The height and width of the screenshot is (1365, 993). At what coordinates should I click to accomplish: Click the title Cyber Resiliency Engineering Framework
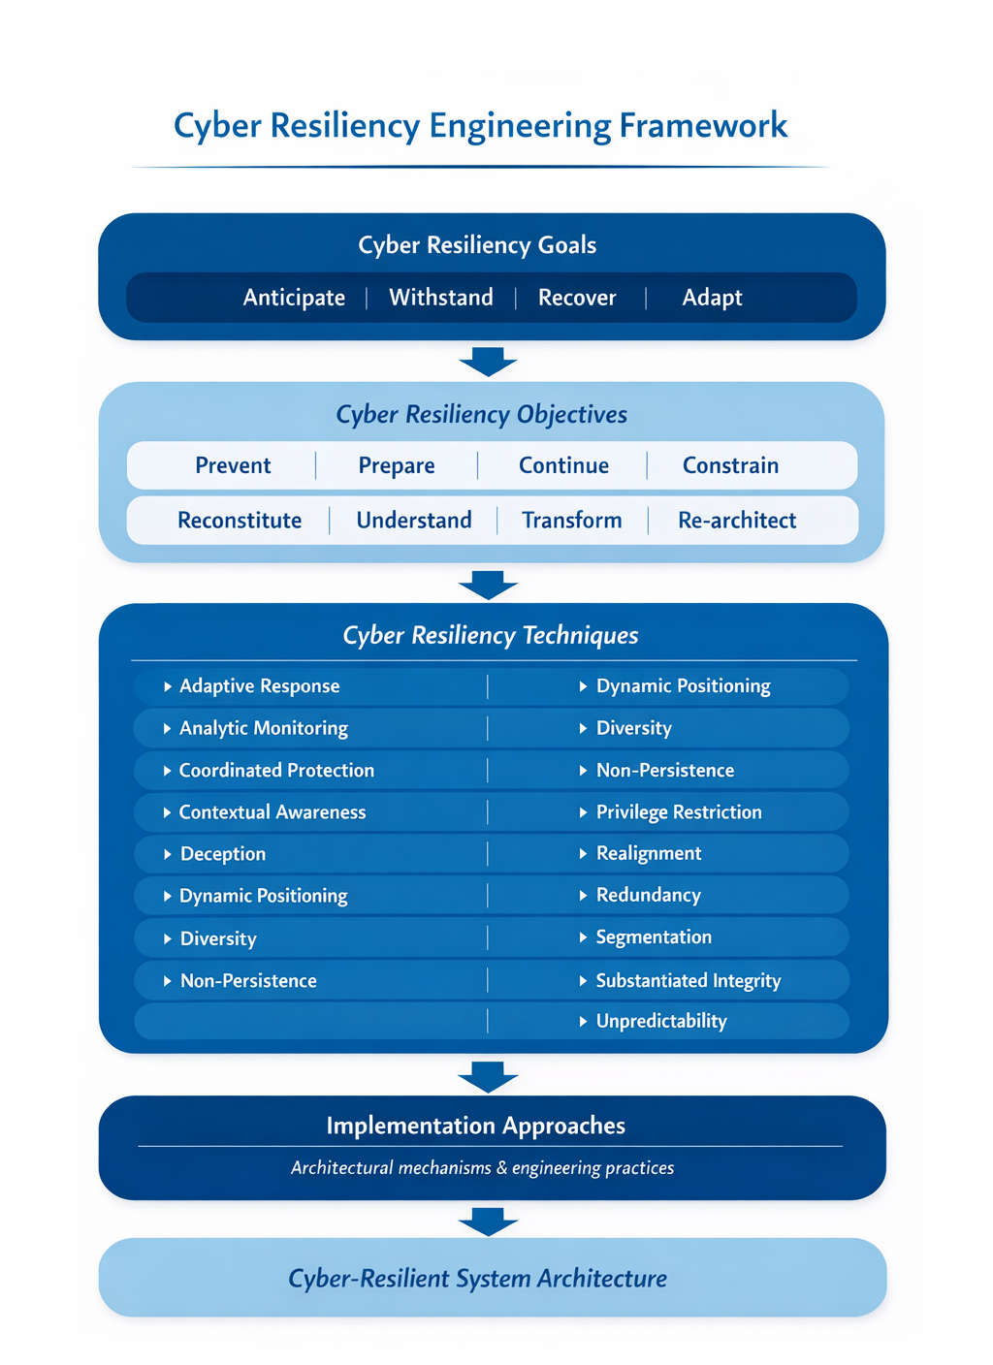(x=480, y=126)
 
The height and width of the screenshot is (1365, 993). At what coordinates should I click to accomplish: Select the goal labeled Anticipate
(x=294, y=298)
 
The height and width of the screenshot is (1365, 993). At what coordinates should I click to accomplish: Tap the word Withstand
(x=441, y=298)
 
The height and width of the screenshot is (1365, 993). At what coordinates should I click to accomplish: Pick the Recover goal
(x=577, y=298)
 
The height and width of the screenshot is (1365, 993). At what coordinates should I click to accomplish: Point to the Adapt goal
(x=712, y=298)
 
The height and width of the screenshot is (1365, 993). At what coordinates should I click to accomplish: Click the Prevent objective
(x=233, y=465)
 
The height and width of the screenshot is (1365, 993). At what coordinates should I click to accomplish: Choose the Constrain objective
(x=730, y=465)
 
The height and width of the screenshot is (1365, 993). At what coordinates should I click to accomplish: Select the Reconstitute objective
(x=240, y=521)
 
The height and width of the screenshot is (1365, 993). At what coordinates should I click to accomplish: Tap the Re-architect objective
(x=737, y=521)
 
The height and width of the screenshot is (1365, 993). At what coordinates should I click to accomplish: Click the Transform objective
(x=572, y=521)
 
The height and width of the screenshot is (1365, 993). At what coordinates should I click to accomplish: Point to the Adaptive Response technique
(x=259, y=686)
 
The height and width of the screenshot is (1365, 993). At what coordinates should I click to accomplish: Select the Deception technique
(x=223, y=854)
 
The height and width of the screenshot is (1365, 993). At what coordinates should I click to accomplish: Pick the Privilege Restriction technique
(x=679, y=812)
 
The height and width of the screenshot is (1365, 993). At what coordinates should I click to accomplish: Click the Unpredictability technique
(x=661, y=1021)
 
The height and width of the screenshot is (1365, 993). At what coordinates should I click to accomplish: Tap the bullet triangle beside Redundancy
(x=583, y=896)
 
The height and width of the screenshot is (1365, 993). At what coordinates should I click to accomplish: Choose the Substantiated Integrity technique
(x=689, y=980)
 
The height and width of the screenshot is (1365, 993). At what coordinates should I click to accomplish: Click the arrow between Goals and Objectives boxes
(x=488, y=362)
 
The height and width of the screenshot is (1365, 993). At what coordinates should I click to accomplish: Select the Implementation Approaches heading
(x=475, y=1126)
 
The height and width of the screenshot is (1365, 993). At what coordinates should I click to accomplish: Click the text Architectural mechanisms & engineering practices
(x=482, y=1168)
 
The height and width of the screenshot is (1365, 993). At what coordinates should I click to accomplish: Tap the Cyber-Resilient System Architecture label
(x=477, y=1279)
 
